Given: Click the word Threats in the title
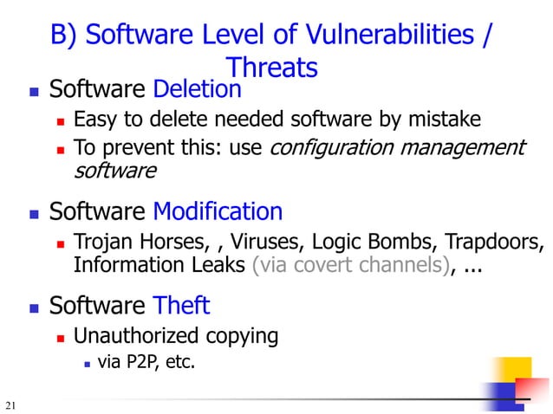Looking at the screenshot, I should tap(271, 67).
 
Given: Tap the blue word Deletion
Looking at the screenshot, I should tap(197, 89).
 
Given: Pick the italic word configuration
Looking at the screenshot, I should tap(323, 146).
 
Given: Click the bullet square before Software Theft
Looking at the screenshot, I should tap(33, 307).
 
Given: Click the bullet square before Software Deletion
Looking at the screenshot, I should tap(33, 91).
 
